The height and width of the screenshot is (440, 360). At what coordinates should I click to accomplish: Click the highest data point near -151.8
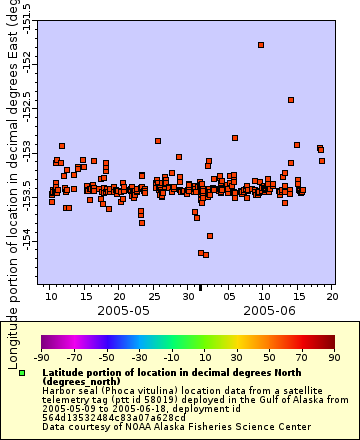[261, 45]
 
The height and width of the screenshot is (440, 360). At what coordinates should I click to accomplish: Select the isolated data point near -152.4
[291, 100]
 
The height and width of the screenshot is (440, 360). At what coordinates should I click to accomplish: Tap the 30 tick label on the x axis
[189, 296]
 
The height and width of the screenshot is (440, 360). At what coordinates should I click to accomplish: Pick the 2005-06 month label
[271, 311]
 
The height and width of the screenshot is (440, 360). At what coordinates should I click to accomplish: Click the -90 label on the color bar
[41, 356]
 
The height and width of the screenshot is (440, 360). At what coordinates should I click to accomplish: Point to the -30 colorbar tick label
[139, 356]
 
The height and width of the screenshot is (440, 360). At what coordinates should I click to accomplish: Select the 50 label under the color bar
[269, 356]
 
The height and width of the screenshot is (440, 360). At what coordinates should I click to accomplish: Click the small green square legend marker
[21, 373]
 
